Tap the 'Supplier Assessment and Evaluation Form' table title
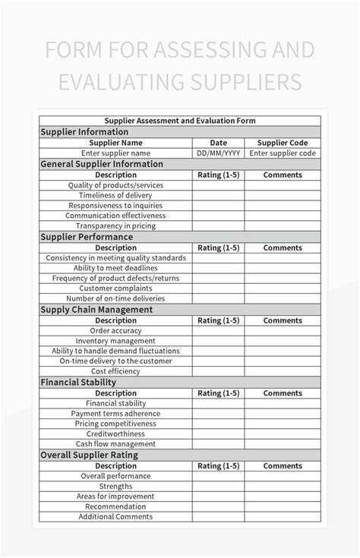(x=180, y=120)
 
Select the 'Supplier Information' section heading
(x=84, y=131)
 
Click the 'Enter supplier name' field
(x=115, y=153)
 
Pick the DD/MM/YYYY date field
(x=218, y=153)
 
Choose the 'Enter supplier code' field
(x=283, y=153)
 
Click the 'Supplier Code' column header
(x=283, y=142)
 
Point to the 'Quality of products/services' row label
(x=115, y=184)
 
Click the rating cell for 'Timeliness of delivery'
(x=218, y=195)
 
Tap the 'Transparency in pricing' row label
(x=115, y=225)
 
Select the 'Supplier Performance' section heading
(x=86, y=236)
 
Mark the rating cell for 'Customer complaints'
(x=218, y=288)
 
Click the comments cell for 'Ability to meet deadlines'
(x=283, y=268)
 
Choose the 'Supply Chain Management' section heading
(x=96, y=309)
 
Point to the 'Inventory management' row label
(x=115, y=341)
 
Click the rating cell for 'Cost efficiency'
(x=218, y=371)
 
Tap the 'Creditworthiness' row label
(x=115, y=433)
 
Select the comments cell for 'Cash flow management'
(x=283, y=444)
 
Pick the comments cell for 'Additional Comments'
(x=283, y=517)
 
